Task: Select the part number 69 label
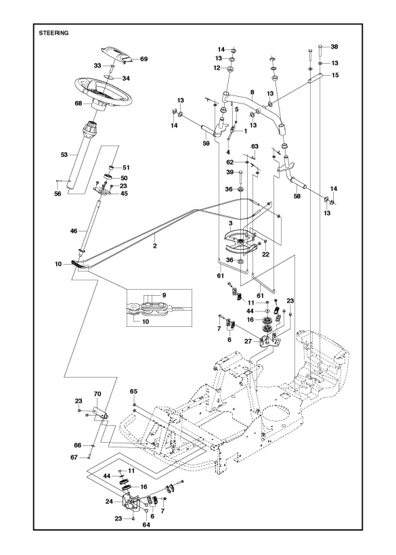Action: (144, 60)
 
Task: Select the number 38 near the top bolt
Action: (334, 47)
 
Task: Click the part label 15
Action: (334, 75)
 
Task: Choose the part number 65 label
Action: (133, 392)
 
